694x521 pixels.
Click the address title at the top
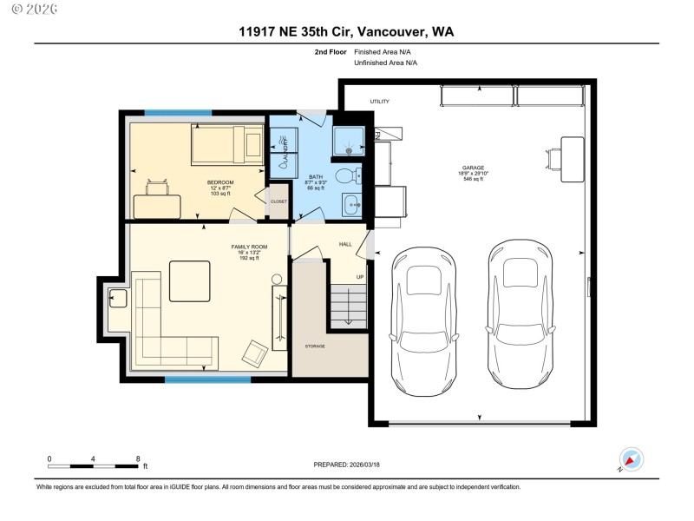click(346, 31)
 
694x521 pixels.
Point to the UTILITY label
click(380, 102)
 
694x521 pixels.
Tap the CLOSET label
click(278, 201)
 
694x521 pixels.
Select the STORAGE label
click(314, 346)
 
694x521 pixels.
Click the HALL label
click(344, 245)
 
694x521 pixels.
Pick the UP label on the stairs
click(360, 278)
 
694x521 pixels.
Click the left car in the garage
click(422, 319)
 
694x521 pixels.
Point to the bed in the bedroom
click(226, 144)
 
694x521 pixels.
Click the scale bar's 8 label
click(138, 458)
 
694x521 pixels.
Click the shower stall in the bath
click(350, 136)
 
